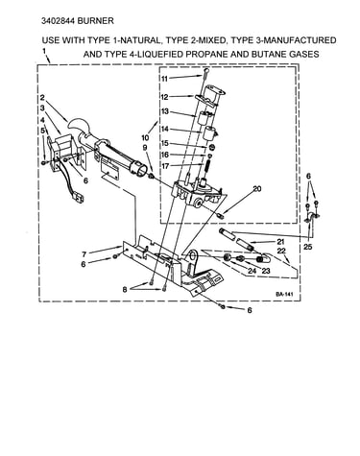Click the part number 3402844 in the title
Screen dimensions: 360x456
(59, 21)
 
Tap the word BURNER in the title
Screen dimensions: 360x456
(96, 21)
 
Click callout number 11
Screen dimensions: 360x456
(164, 79)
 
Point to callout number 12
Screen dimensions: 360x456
(164, 96)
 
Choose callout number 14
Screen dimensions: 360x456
(164, 129)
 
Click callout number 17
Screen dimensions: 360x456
(164, 166)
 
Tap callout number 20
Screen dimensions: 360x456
(257, 189)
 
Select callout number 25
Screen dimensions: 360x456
(308, 247)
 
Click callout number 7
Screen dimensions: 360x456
(84, 254)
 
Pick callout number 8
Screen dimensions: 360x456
(125, 289)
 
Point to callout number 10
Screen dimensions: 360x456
(145, 138)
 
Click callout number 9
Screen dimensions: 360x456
(145, 148)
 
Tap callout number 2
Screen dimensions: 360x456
(42, 97)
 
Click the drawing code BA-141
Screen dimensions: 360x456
(284, 294)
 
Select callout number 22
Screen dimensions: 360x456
(281, 252)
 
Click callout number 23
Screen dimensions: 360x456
(266, 271)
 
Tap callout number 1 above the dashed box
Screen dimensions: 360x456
(44, 51)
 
